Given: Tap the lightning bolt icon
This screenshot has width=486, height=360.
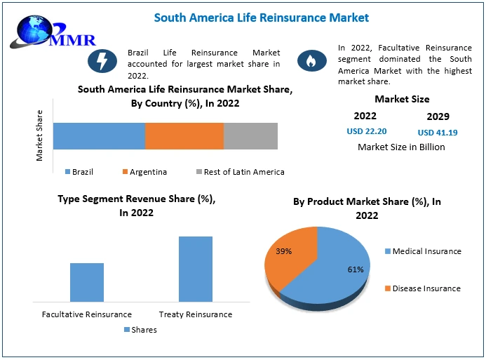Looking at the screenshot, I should click(x=102, y=62).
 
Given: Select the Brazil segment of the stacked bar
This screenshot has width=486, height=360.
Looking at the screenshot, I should click(x=99, y=135).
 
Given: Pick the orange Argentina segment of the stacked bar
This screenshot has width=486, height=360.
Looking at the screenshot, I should click(x=184, y=135).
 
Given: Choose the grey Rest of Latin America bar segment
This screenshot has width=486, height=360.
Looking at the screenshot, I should click(x=250, y=135).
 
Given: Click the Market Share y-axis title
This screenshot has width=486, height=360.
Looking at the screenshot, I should click(x=39, y=135).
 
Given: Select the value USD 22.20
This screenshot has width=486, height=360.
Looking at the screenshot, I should click(x=367, y=131).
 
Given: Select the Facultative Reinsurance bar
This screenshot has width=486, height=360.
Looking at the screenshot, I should click(x=87, y=282).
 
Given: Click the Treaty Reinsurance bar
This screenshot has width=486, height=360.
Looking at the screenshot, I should click(x=195, y=269).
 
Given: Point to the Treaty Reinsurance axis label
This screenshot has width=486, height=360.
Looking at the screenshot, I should click(x=195, y=314).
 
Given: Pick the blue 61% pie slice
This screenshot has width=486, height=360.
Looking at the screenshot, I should click(x=337, y=270).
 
